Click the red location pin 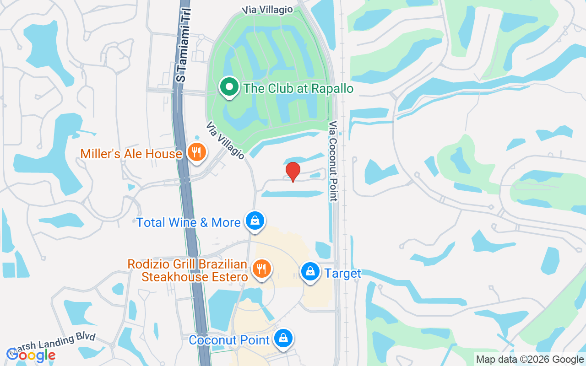tap(293, 172)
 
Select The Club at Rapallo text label tap(298, 88)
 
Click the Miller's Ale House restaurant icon tap(197, 153)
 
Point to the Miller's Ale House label tap(131, 154)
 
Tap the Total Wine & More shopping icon tap(255, 221)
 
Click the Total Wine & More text tap(189, 223)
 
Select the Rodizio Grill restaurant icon tap(261, 268)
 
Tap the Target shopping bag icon tap(310, 272)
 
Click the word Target tap(343, 274)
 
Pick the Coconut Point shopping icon tap(284, 339)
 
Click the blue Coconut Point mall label tap(229, 340)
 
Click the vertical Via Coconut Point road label tap(333, 161)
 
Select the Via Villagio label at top tap(268, 10)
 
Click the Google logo tap(31, 355)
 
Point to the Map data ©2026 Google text tap(530, 360)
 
